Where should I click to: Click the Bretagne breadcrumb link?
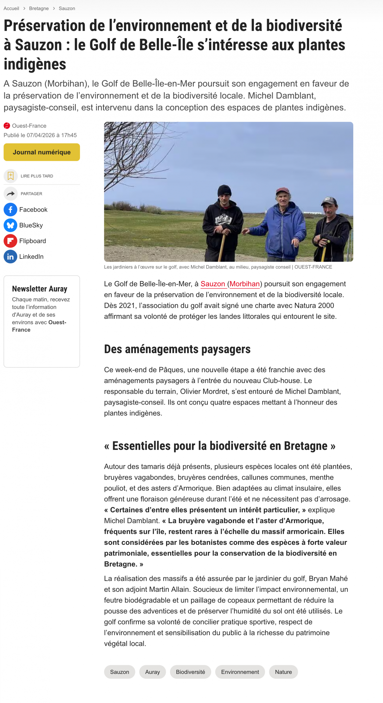pos(39,9)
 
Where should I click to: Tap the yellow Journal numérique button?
pos(42,152)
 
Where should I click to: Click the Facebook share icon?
pos(10,210)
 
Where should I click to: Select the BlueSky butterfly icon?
pos(10,225)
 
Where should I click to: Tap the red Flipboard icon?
pos(10,241)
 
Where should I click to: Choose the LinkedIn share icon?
pos(10,256)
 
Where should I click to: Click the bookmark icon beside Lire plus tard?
pos(10,176)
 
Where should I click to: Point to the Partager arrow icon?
pos(10,194)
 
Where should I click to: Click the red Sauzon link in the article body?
pos(213,284)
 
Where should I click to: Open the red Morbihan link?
pos(244,284)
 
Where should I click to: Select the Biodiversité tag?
pos(190,672)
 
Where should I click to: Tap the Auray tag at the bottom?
pos(152,672)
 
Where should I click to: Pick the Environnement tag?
pos(240,672)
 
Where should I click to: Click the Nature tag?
pos(283,672)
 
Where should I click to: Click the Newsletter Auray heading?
pos(40,289)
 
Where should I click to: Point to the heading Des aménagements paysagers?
pos(177,349)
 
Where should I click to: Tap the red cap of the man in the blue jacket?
pos(282,190)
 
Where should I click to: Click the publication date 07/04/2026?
pos(41,135)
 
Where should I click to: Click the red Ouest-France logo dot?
pos(7,126)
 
